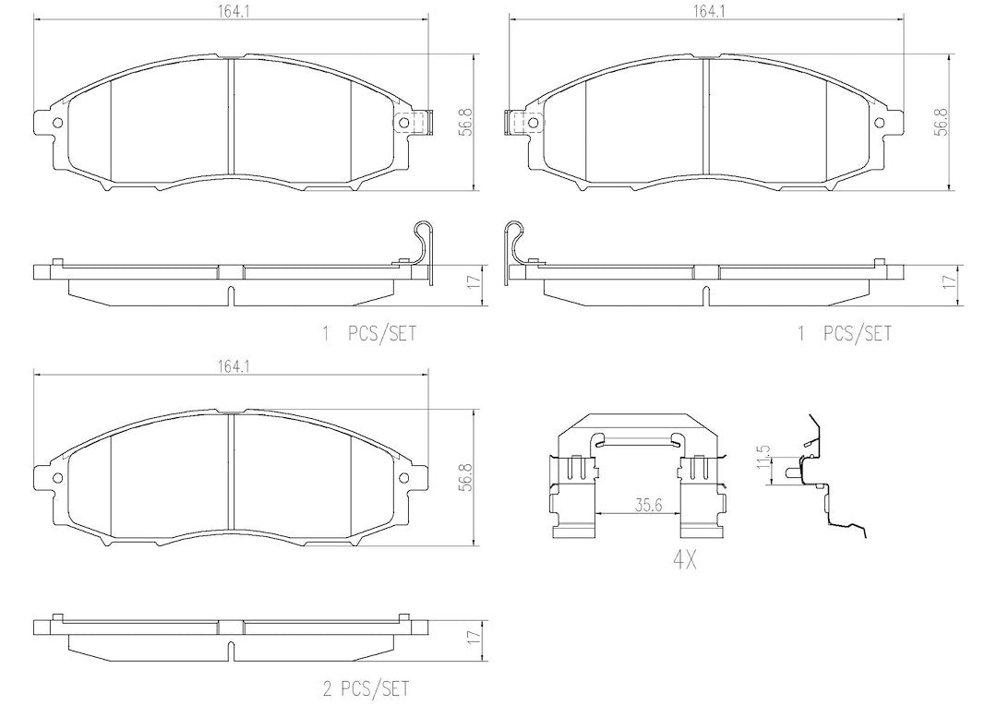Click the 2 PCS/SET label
(366, 687)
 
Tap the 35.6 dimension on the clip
(649, 506)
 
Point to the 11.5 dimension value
(764, 457)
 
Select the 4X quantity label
(684, 560)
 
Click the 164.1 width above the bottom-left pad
(232, 366)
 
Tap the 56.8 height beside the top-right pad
(941, 121)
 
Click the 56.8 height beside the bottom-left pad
(467, 477)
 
